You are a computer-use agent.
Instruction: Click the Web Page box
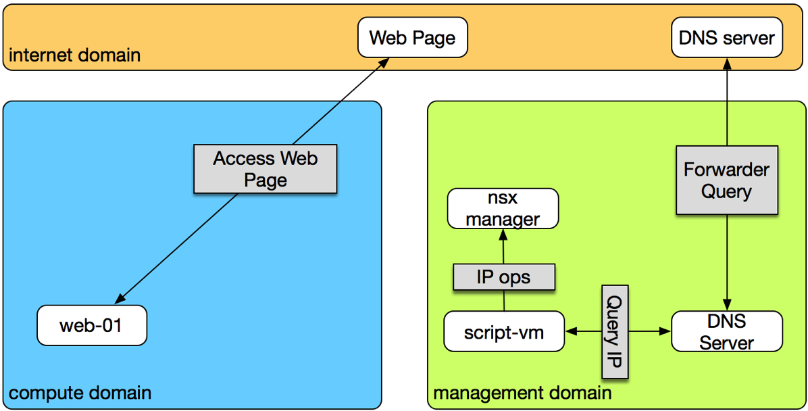pos(412,37)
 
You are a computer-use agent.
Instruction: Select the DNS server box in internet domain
pos(726,37)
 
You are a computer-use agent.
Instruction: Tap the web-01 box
pos(91,325)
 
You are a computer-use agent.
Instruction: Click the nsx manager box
pos(503,208)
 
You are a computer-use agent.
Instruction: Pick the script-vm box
pos(504,331)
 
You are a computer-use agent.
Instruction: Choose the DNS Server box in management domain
pos(726,331)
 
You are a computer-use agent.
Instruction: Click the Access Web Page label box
pos(265,169)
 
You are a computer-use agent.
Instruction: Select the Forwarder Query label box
pos(726,180)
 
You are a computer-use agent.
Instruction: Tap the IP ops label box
pos(503,277)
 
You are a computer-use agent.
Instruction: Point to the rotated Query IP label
pos(614,331)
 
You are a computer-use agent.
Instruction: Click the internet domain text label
pos(74,55)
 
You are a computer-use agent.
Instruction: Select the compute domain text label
pos(80,392)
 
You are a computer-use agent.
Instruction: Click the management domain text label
pos(522,393)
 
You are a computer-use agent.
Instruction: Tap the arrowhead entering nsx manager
pos(503,233)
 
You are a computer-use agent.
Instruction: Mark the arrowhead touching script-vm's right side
pos(570,331)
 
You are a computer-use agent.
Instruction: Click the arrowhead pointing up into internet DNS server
pos(726,63)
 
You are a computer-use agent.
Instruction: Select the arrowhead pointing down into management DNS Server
pos(726,306)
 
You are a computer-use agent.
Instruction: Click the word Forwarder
pos(726,169)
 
